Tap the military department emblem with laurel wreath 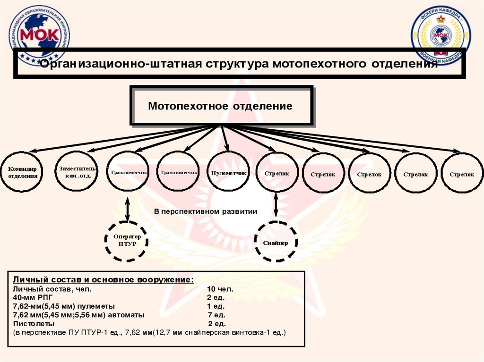pos(440,35)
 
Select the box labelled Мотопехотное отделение pos(221,106)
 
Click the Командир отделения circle pos(22,172)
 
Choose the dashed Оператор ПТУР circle pos(127,240)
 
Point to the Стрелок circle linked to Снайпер pos(277,173)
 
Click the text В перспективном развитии pos(206,211)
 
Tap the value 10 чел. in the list pos(220,288)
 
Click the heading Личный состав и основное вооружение pos(103,279)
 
